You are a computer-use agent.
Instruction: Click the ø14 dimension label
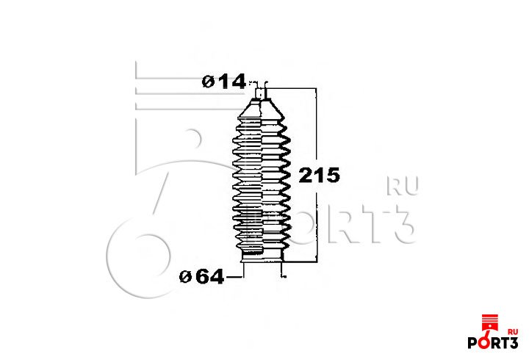click(223, 82)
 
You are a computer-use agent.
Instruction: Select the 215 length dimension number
click(319, 176)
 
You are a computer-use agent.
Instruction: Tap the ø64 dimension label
click(201, 277)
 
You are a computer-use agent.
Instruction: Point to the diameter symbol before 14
click(208, 82)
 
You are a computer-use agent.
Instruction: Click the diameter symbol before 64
click(186, 277)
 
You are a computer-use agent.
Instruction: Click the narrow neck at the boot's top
click(261, 93)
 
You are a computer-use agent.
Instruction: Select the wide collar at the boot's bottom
click(262, 256)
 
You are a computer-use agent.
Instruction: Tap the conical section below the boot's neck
click(262, 109)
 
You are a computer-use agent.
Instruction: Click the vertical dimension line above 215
click(316, 128)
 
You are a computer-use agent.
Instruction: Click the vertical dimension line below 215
click(317, 223)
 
